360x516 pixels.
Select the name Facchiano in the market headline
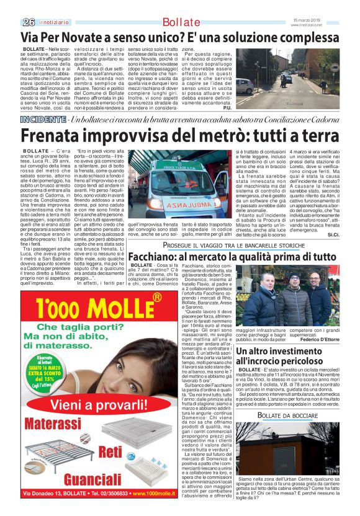pyautogui.click(x=143, y=257)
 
